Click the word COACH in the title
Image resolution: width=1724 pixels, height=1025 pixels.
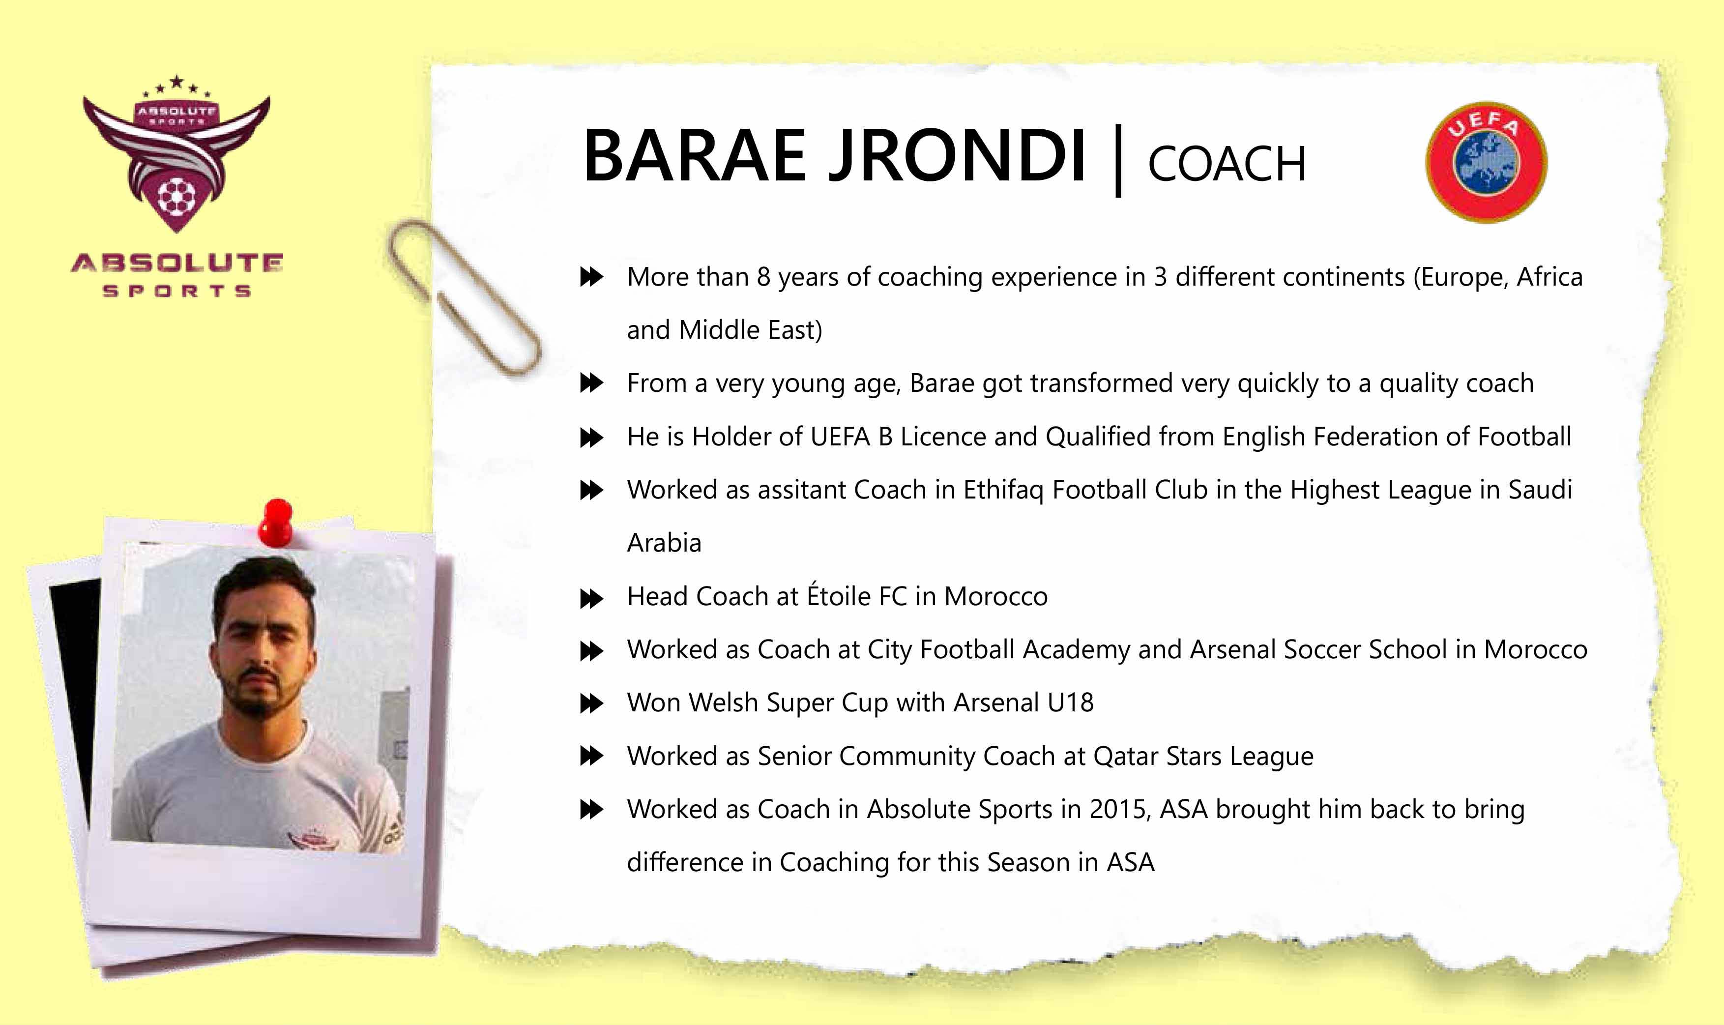click(1227, 164)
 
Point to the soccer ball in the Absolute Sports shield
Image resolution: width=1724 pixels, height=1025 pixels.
click(177, 197)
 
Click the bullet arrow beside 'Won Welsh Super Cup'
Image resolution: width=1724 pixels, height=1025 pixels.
click(591, 704)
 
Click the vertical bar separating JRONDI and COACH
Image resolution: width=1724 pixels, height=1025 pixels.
click(1117, 160)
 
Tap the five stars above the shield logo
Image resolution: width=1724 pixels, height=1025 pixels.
click(177, 86)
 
